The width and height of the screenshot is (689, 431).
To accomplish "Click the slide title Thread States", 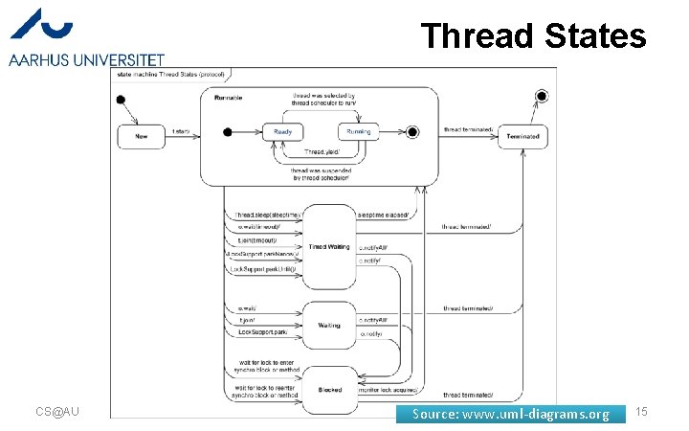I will coord(534,36).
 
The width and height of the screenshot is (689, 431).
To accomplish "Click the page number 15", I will coord(641,412).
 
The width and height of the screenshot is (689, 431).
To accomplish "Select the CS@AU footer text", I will coord(56,412).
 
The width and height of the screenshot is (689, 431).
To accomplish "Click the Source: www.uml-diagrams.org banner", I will coord(510,414).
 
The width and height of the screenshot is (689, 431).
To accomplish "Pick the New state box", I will coord(141,136).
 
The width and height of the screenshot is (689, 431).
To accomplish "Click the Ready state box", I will coord(283,131).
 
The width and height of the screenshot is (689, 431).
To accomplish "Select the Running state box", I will coord(358,131).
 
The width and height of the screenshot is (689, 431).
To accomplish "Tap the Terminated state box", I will coord(522,136).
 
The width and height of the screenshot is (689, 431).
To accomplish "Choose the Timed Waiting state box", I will coord(327,246).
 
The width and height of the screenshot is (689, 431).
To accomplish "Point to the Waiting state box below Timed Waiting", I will coord(328,326).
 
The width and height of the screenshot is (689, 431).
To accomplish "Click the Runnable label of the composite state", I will coord(227,97).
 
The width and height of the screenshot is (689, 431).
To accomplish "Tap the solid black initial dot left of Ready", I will coord(228,131).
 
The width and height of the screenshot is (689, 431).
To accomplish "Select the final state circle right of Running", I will coord(412,131).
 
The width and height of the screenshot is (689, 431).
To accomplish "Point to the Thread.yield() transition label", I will coord(321,151).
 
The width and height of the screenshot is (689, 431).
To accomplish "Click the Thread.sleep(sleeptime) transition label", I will coord(267,215).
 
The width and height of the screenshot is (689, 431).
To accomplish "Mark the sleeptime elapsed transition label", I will coord(383,215).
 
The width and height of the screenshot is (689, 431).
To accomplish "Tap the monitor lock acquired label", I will coord(388,390).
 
